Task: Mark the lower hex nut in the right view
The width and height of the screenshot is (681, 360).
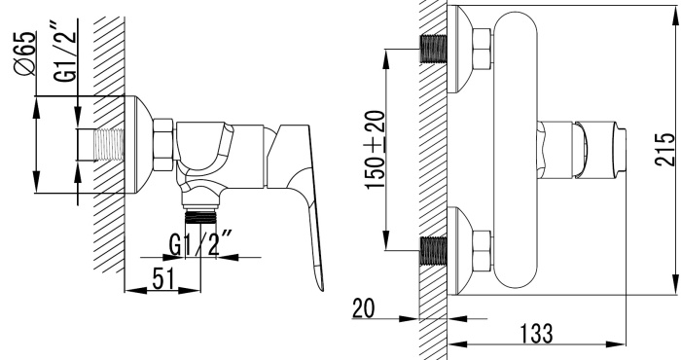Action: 481,249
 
